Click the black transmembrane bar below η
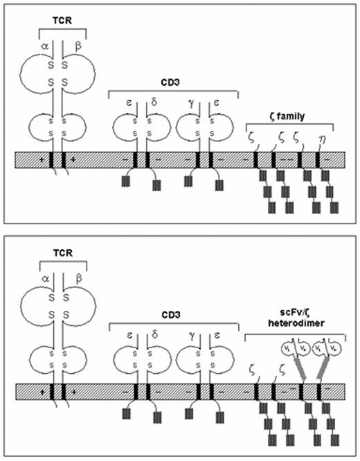click(318, 159)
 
